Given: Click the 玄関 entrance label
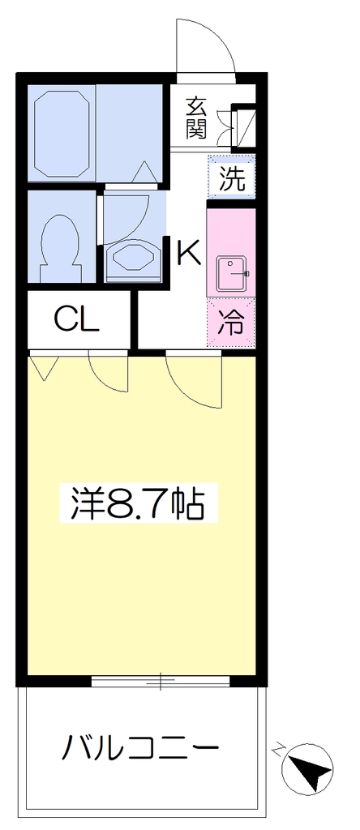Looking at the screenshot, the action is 196,118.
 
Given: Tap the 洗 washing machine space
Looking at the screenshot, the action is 231,176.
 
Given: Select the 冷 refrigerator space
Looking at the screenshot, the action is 231,323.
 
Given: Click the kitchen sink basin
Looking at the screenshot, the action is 231,274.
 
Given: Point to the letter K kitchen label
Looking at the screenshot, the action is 189,253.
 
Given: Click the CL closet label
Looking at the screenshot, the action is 76,319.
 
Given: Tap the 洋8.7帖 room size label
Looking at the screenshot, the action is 138,503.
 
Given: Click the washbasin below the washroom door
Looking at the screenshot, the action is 134,259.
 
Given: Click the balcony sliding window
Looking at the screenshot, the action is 161,681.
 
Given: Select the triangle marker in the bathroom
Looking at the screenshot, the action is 144,172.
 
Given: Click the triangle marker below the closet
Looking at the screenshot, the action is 44,367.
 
